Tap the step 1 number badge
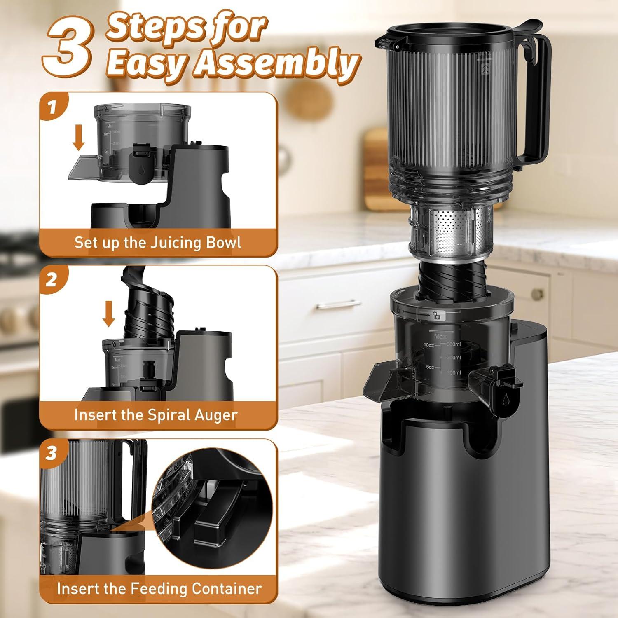coord(51,108)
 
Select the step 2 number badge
coord(51,280)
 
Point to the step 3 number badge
coord(51,453)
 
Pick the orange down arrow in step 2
coord(109,313)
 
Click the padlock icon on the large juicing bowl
coord(436,316)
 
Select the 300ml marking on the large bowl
coord(454,344)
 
